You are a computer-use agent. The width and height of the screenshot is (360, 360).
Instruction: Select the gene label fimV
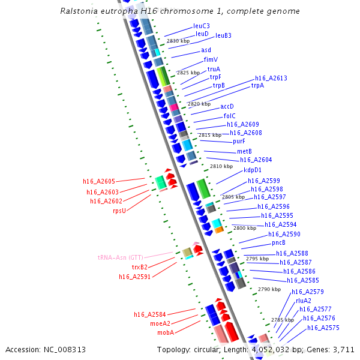(x=211, y=59)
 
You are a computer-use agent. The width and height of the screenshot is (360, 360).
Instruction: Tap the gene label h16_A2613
(x=271, y=79)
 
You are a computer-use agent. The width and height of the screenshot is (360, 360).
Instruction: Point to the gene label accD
(x=227, y=106)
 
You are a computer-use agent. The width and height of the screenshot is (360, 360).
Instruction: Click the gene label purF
(x=239, y=142)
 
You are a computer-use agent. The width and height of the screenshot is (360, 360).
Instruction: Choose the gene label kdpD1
(x=253, y=170)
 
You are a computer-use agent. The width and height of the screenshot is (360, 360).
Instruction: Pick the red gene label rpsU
(x=119, y=211)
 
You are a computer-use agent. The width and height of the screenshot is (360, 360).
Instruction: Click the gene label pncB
(x=278, y=243)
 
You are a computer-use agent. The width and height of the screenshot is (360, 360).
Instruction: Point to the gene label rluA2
(x=304, y=301)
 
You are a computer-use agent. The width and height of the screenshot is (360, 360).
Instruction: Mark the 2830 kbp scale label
(x=178, y=41)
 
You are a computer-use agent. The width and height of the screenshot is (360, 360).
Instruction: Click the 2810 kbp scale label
(x=221, y=166)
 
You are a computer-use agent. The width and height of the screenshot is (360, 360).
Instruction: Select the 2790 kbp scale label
(x=269, y=289)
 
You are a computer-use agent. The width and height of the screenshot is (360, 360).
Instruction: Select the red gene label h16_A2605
(x=99, y=181)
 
